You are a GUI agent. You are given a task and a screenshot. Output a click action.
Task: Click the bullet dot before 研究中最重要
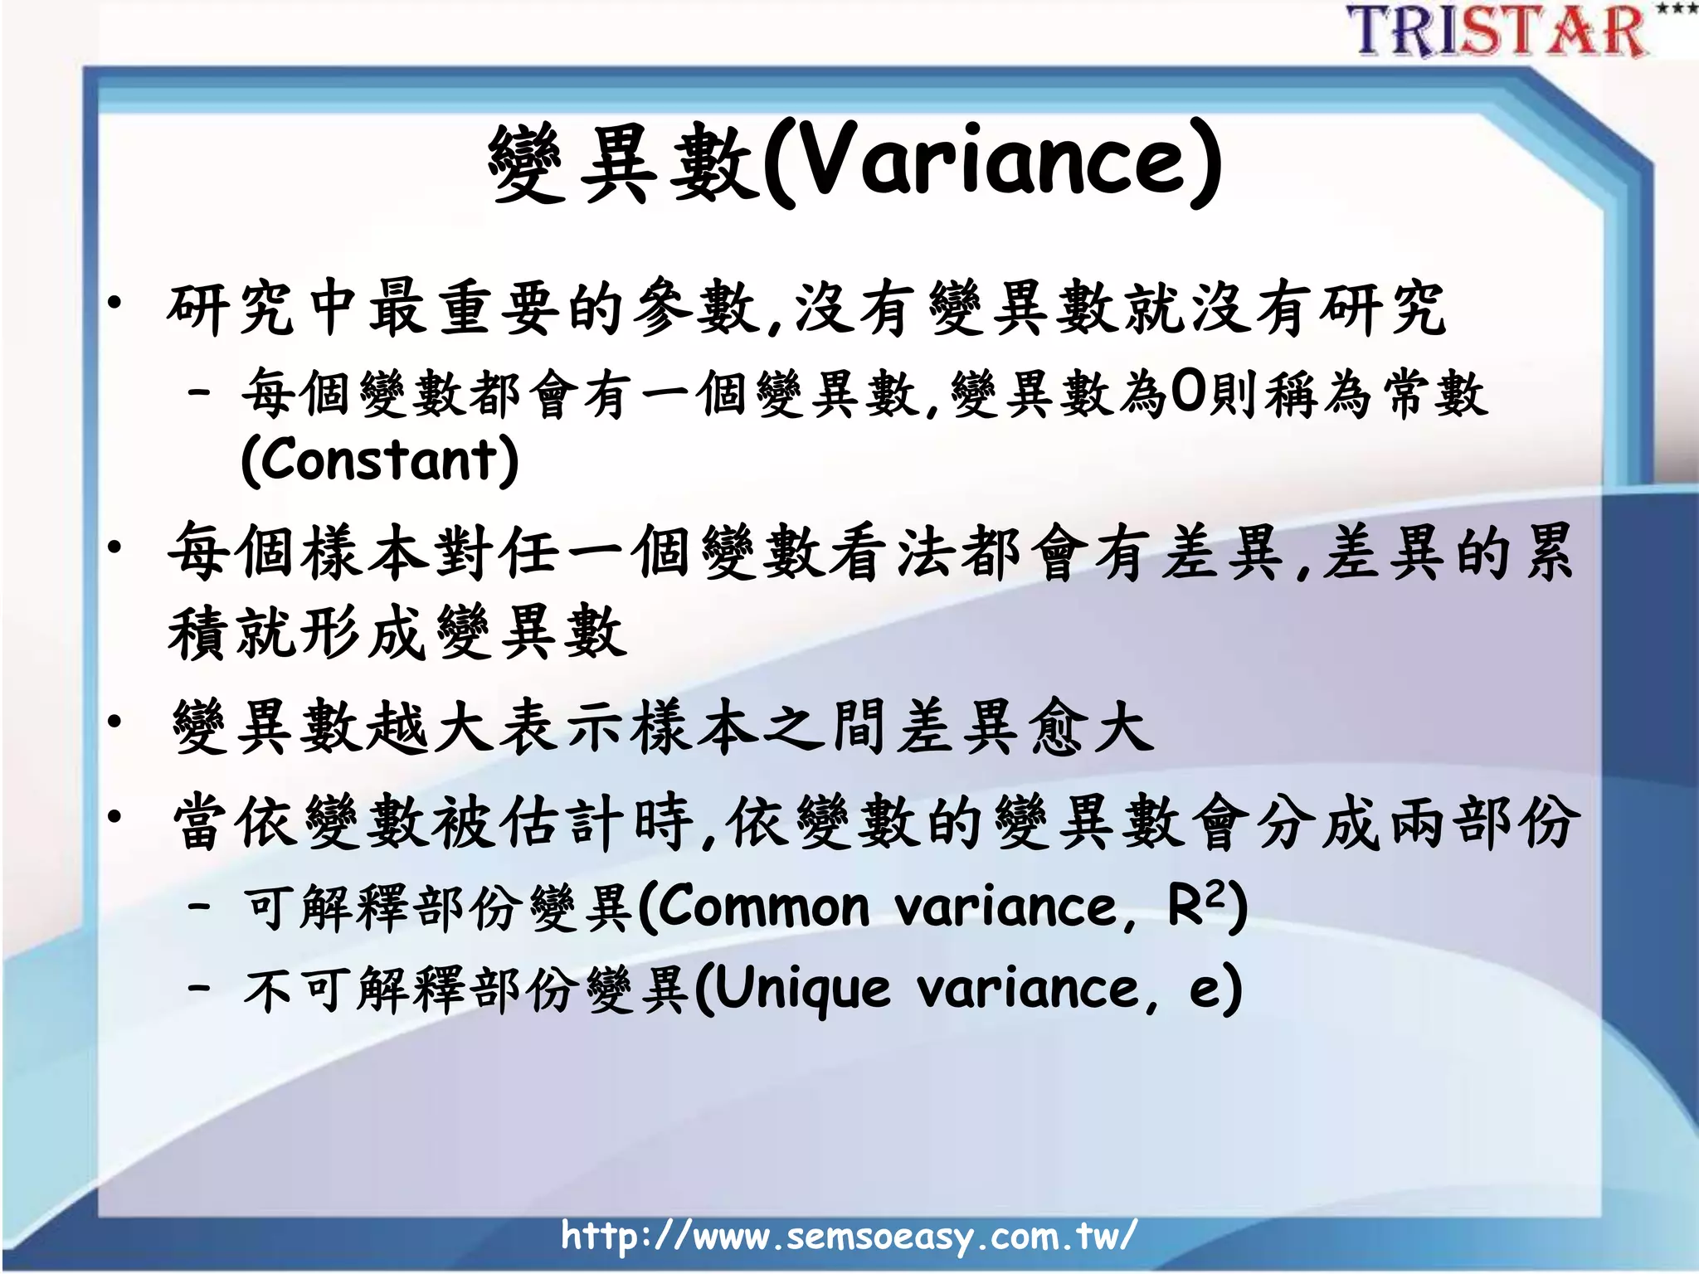click(115, 304)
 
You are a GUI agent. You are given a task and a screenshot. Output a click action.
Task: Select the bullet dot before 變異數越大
click(115, 722)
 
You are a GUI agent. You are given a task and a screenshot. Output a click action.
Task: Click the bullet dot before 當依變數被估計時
click(115, 816)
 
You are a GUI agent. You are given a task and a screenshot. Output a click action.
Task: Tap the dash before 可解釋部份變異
click(198, 906)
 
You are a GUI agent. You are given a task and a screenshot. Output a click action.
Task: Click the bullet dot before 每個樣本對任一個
click(115, 547)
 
